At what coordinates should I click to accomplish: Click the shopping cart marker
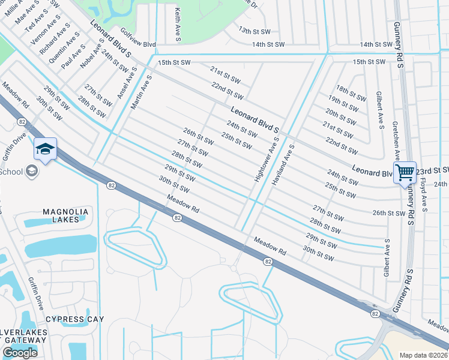tap(405, 173)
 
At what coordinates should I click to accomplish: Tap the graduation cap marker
tap(45, 149)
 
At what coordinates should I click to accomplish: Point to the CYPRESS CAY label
tap(74, 319)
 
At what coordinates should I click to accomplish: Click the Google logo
tap(20, 353)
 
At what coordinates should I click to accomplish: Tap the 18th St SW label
tap(351, 93)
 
